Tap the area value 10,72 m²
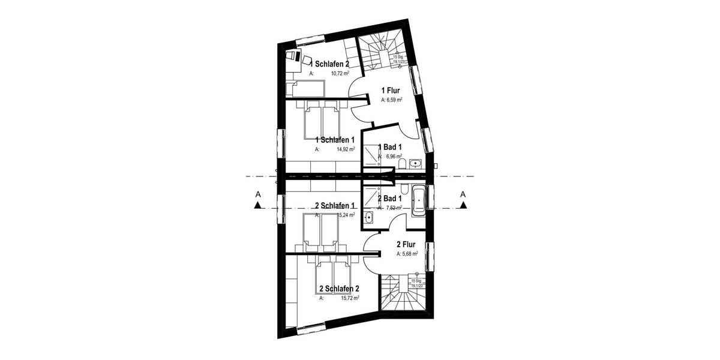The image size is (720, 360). (x=340, y=74)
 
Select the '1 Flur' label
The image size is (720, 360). (x=391, y=91)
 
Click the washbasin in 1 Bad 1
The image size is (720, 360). (x=416, y=163)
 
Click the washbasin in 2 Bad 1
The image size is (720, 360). (x=368, y=217)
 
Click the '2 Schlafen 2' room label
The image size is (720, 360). (x=340, y=289)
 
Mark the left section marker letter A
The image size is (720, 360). (x=257, y=194)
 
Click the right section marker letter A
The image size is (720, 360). (x=463, y=194)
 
